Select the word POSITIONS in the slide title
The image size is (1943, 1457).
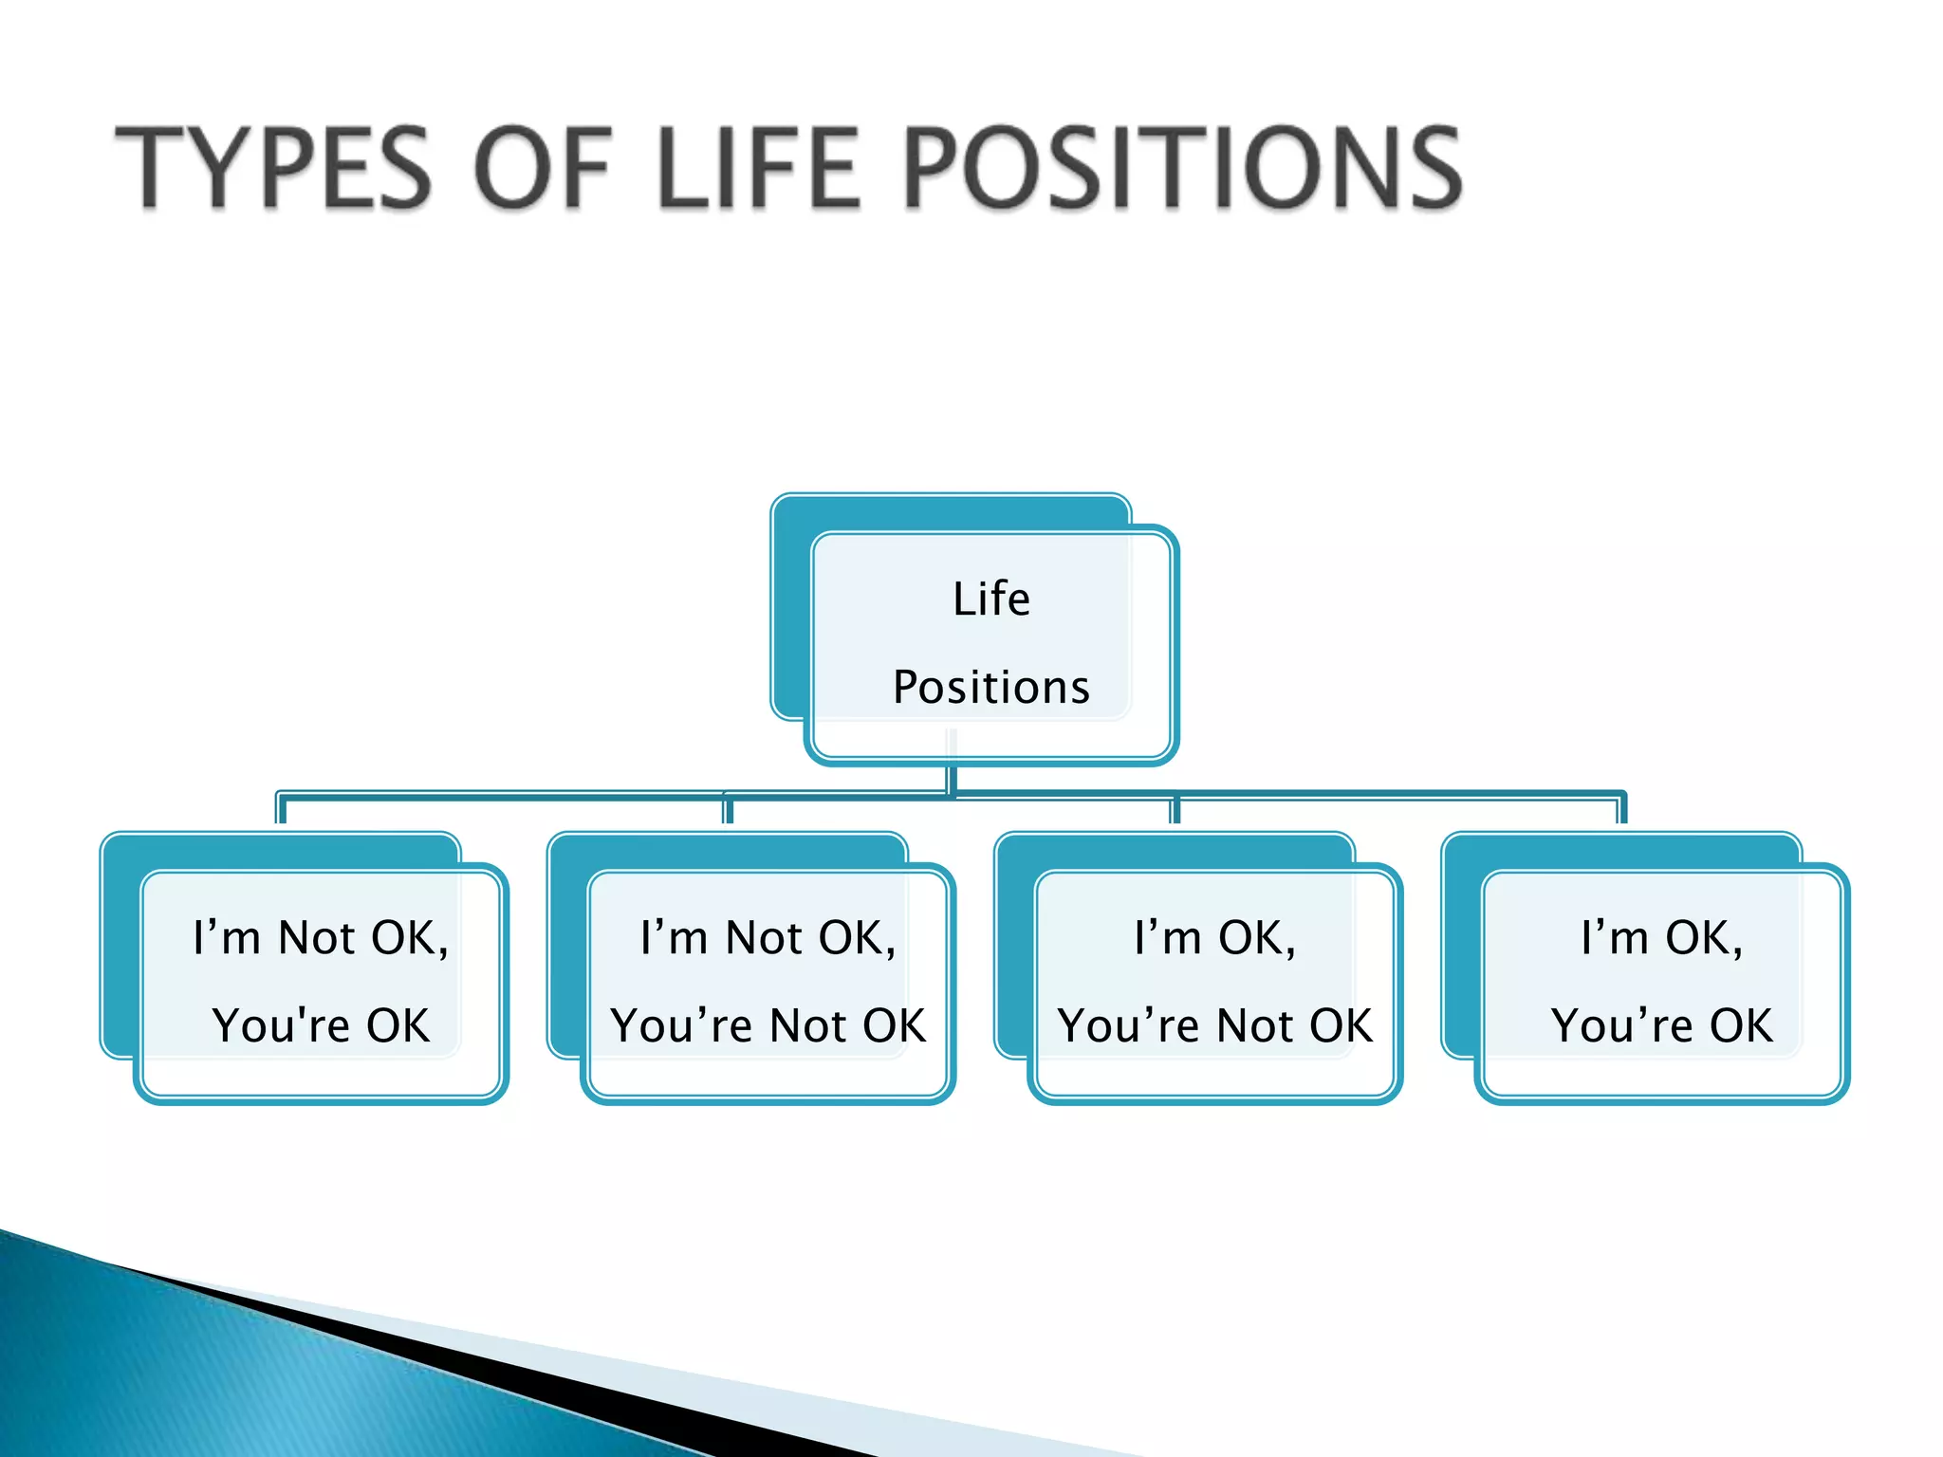tap(1182, 168)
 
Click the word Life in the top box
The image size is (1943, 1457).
tap(990, 599)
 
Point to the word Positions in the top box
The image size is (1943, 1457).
tap(990, 687)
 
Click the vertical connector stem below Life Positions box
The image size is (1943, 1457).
tap(952, 778)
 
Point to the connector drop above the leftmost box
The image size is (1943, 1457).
tap(281, 809)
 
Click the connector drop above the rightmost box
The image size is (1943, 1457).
tap(1622, 809)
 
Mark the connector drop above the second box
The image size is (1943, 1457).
tap(728, 810)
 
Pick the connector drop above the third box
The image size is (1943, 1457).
tap(1175, 810)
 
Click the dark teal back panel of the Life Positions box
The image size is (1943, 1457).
tap(791, 617)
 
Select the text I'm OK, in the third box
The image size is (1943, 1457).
tap(1214, 938)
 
